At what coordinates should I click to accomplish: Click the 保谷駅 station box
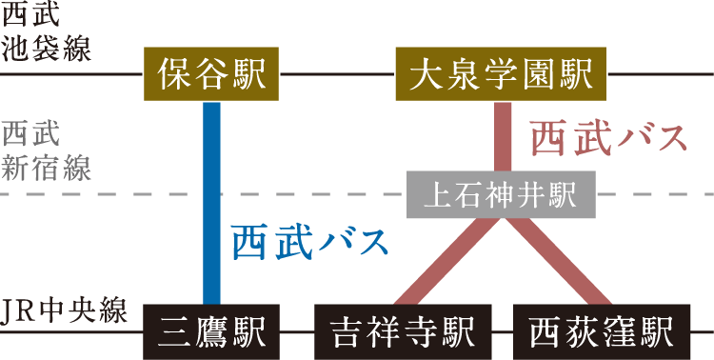pos(211,74)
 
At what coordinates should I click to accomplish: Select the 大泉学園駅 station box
pos(501,74)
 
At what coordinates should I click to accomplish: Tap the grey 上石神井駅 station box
pos(501,194)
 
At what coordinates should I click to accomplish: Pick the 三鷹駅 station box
pos(211,331)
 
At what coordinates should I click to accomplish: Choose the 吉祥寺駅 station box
pos(403,331)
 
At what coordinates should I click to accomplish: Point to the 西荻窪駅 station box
pos(602,331)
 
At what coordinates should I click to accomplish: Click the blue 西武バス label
pos(310,243)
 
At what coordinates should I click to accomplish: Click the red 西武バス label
pos(609,138)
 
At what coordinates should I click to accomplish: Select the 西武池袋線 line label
pos(46,33)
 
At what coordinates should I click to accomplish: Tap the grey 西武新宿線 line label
pos(46,152)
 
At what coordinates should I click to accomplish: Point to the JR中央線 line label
pos(64,311)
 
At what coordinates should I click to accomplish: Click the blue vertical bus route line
pos(211,203)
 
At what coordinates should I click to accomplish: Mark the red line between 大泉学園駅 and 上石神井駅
pos(503,136)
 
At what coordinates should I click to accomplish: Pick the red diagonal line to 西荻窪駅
pos(558,261)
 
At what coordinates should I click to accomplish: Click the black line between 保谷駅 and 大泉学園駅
pos(337,74)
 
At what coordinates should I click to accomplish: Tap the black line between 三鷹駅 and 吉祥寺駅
pos(297,331)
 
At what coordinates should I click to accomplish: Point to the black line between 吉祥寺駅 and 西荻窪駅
pos(503,331)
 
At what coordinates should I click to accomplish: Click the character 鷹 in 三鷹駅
pos(211,331)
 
